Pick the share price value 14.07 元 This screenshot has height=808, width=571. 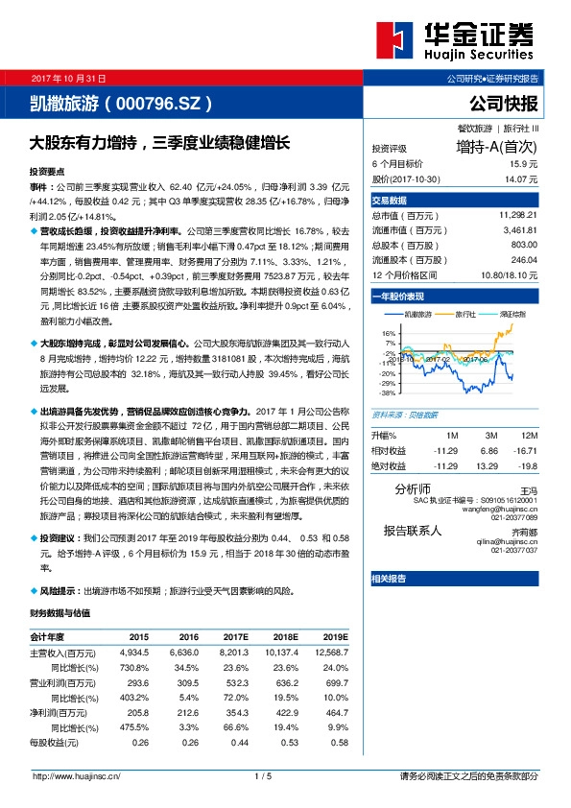point(518,178)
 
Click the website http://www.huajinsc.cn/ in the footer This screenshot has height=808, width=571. point(76,776)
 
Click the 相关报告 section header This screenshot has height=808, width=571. point(388,579)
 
